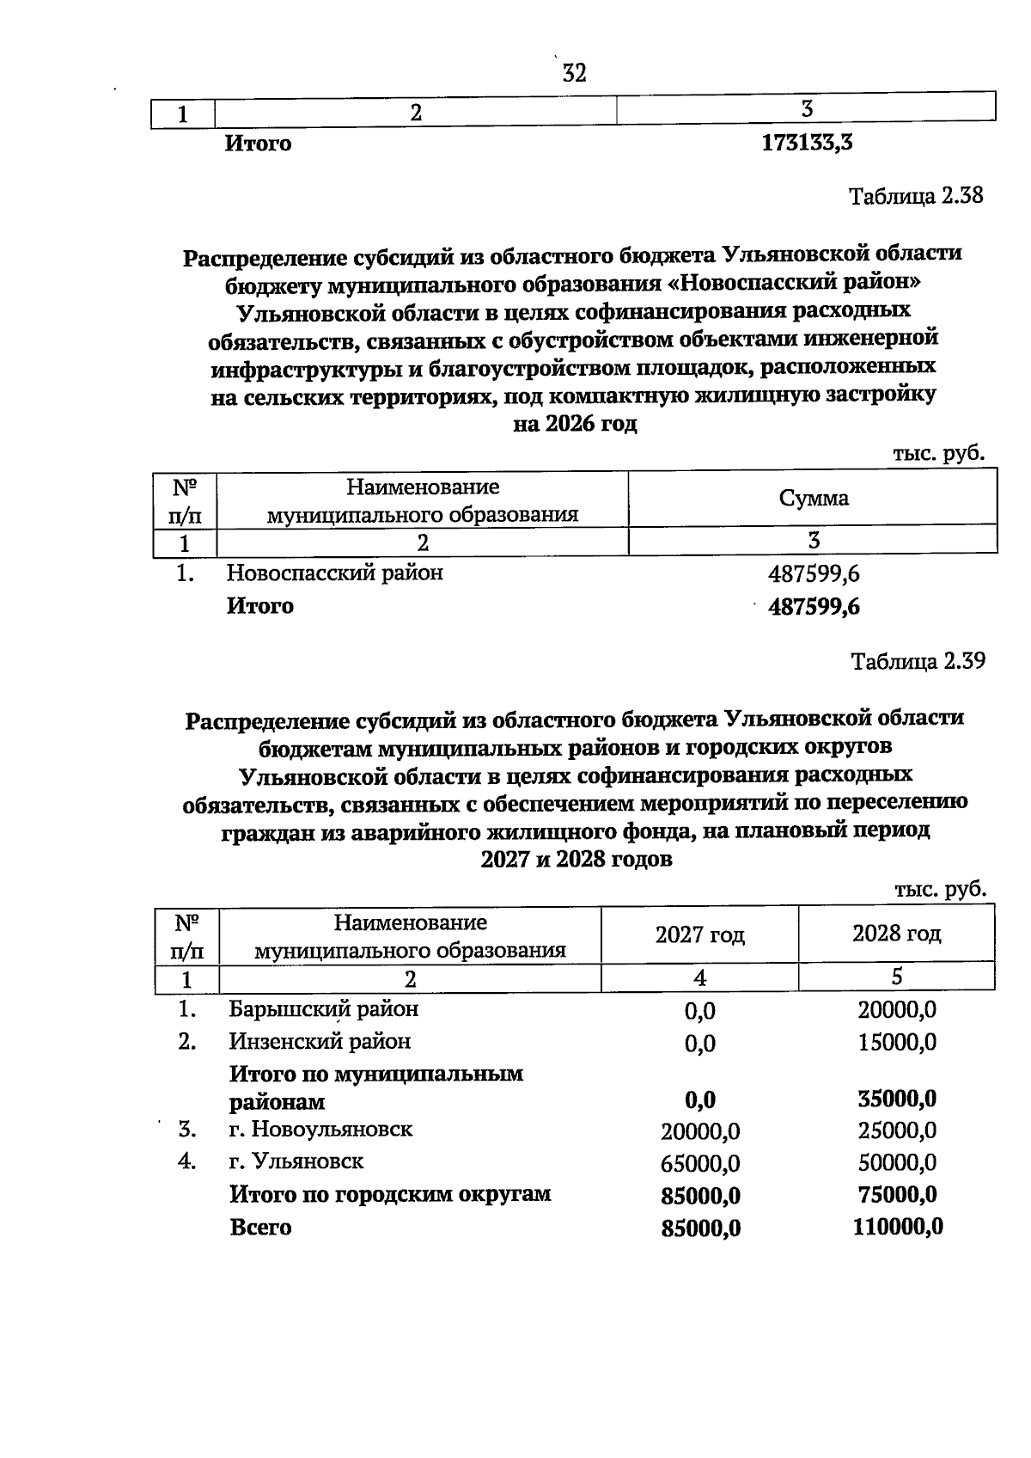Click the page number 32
(x=574, y=74)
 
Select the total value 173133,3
(x=807, y=144)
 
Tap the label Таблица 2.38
(x=916, y=196)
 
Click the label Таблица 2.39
(x=918, y=661)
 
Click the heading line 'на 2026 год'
(x=575, y=425)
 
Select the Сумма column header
(x=813, y=499)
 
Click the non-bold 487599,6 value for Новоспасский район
(x=813, y=574)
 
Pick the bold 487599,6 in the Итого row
(x=813, y=608)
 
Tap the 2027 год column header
(x=699, y=934)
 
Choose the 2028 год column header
(x=896, y=934)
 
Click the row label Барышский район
(x=323, y=1009)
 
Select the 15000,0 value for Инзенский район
(x=896, y=1044)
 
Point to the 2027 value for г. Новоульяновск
(x=699, y=1132)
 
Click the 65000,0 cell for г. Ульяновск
(x=699, y=1165)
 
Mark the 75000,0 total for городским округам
(x=896, y=1195)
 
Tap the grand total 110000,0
(x=897, y=1228)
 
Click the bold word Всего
(x=260, y=1228)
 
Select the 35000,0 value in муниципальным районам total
(x=896, y=1100)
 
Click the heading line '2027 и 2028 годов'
(x=575, y=860)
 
